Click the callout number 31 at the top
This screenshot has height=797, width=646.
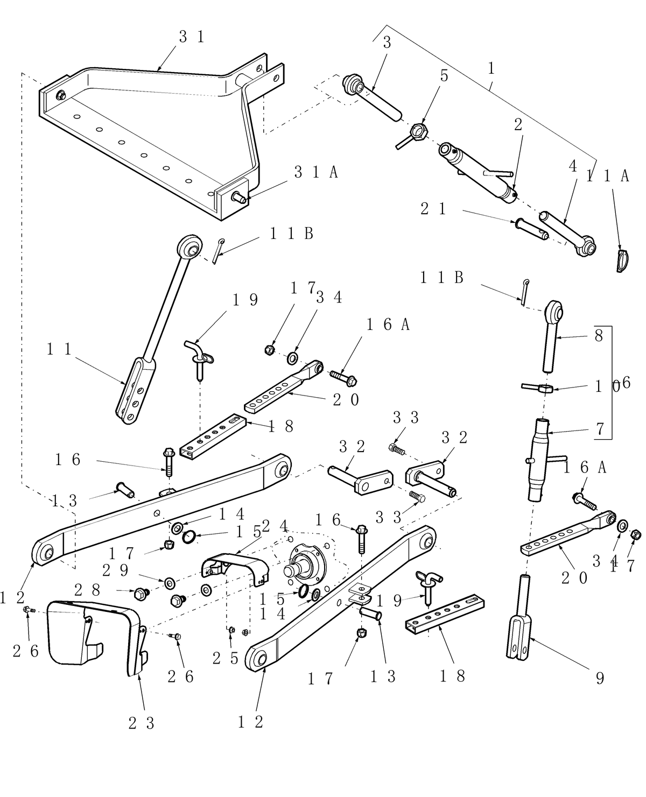[192, 37]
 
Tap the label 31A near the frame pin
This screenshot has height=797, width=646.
[316, 172]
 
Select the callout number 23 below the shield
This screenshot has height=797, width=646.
[142, 723]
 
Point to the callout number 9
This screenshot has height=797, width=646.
[600, 678]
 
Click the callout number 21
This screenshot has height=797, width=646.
[434, 209]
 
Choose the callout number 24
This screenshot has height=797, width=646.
[275, 525]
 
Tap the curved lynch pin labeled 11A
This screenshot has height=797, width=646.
[622, 260]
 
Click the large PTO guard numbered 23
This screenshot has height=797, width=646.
[92, 635]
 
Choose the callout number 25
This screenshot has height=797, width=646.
[225, 658]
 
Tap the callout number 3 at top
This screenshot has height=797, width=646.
[387, 43]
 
